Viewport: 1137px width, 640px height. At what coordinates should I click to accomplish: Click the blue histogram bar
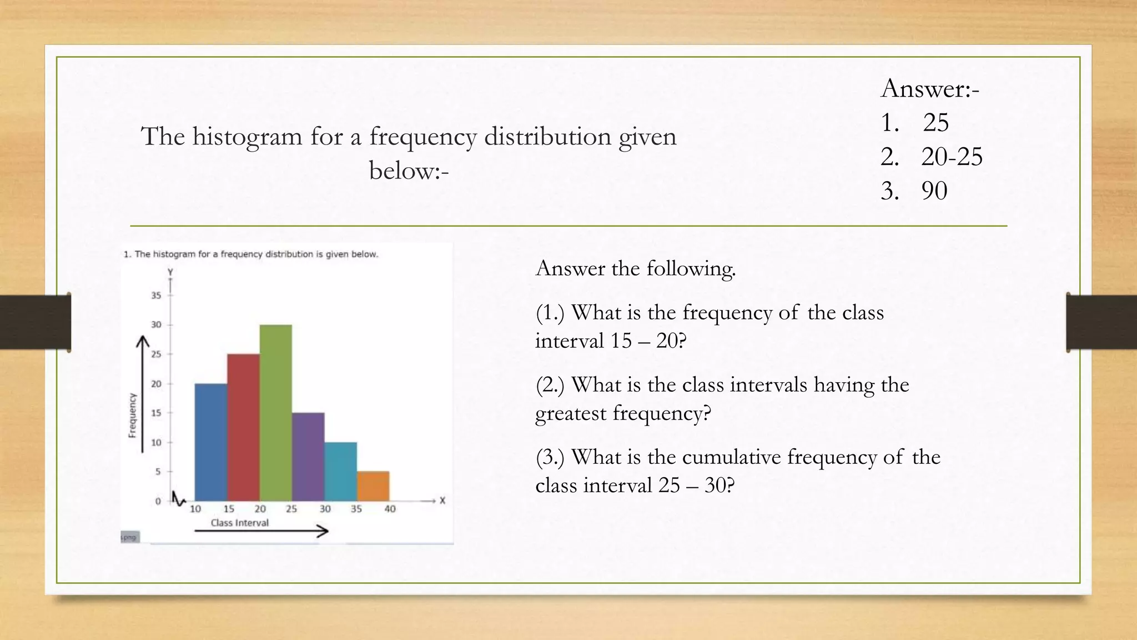211,442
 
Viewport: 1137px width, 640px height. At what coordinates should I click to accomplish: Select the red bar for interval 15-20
243,428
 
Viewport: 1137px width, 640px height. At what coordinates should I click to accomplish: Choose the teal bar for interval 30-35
340,472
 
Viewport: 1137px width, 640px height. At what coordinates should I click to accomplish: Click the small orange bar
373,486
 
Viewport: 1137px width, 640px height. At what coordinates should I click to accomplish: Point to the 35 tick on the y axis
157,296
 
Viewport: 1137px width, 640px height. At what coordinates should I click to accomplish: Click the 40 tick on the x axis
390,509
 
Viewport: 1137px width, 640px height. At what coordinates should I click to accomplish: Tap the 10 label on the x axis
195,509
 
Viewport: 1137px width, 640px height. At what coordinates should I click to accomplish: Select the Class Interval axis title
239,523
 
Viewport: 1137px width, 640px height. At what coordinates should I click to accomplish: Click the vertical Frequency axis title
133,415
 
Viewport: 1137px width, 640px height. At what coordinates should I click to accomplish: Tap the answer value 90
934,191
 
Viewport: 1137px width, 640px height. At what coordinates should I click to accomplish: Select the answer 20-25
952,157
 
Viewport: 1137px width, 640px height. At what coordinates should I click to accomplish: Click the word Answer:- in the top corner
930,89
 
